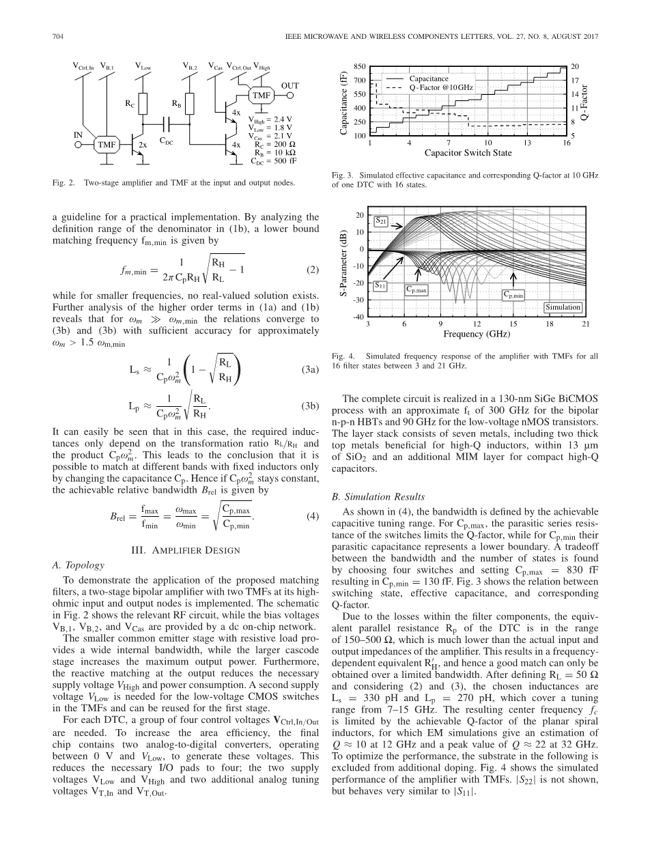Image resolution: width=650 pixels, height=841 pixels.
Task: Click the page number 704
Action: [x=58, y=37]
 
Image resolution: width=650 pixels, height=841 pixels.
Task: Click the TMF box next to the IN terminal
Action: [x=107, y=145]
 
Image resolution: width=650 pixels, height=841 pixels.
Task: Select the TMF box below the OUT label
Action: [x=262, y=96]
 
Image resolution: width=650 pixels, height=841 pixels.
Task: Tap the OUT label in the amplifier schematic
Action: [x=291, y=85]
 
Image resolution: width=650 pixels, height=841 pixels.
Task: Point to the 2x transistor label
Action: [x=143, y=145]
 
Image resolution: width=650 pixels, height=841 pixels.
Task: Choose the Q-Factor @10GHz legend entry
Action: [x=440, y=88]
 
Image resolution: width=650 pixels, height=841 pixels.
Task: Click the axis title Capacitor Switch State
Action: [x=468, y=153]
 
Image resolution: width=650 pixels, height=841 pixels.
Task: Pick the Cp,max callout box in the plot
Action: [x=416, y=290]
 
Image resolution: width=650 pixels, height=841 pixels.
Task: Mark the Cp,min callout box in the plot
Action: [x=513, y=296]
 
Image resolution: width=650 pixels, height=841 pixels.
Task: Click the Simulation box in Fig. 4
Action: [x=563, y=307]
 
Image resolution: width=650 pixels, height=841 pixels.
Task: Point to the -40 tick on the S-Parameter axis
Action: [x=358, y=317]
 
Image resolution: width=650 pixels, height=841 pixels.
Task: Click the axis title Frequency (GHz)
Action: [x=477, y=334]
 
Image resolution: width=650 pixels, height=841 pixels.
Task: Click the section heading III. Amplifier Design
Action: [x=185, y=551]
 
